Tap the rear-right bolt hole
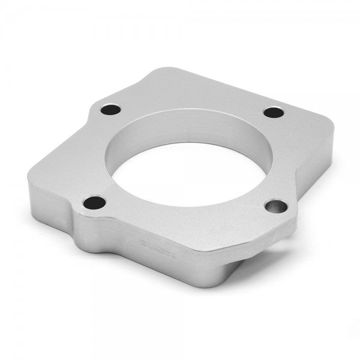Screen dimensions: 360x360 click(x=274, y=112)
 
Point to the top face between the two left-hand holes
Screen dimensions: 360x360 click(x=90, y=156)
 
